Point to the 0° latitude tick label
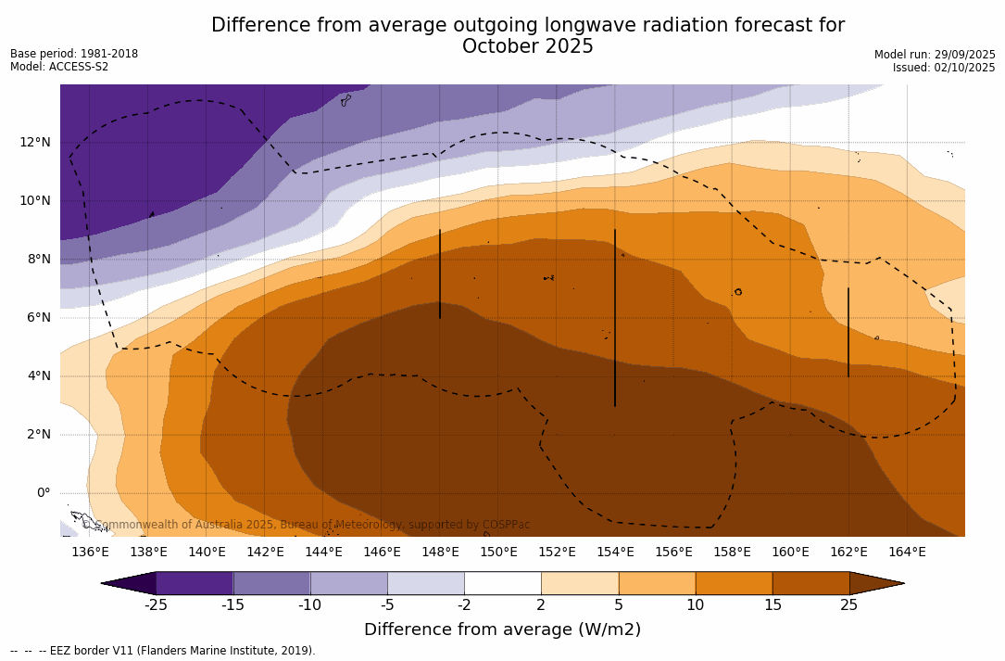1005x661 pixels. point(44,492)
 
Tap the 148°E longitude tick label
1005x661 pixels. point(440,553)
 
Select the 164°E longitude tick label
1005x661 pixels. point(907,553)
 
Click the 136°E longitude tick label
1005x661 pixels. point(90,553)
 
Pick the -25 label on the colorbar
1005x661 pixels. point(155,605)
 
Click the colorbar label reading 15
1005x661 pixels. point(773,605)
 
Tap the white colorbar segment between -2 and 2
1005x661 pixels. point(502,583)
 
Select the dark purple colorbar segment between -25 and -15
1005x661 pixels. point(195,583)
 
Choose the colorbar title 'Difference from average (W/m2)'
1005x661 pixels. point(502,629)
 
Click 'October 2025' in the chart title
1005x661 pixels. point(527,46)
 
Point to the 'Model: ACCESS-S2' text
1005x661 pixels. point(59,67)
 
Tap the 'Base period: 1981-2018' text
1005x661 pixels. point(74,54)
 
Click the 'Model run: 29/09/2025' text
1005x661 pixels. point(935,55)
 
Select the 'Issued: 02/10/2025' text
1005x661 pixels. point(944,68)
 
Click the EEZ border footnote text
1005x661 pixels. point(162,651)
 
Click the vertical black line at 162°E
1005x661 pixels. point(848,332)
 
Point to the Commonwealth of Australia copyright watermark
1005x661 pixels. point(306,525)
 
